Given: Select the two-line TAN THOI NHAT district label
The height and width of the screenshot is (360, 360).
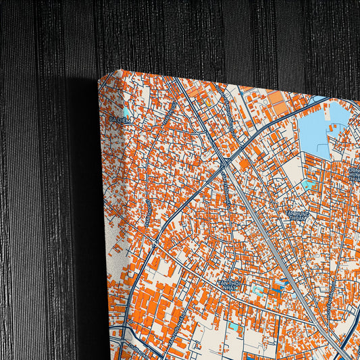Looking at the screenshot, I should click(229, 284).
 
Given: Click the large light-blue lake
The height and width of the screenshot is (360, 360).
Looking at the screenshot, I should click(317, 128).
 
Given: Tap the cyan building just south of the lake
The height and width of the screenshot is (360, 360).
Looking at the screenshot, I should click(308, 182).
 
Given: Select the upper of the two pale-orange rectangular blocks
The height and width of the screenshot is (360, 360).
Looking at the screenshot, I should click(276, 99).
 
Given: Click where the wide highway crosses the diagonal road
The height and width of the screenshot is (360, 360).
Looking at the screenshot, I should click(223, 161).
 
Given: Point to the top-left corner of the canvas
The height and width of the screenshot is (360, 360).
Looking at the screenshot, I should click(101, 77).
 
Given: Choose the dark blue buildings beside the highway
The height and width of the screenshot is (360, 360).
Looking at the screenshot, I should click(278, 287).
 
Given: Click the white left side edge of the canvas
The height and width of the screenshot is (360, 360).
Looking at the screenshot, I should click(108, 203).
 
